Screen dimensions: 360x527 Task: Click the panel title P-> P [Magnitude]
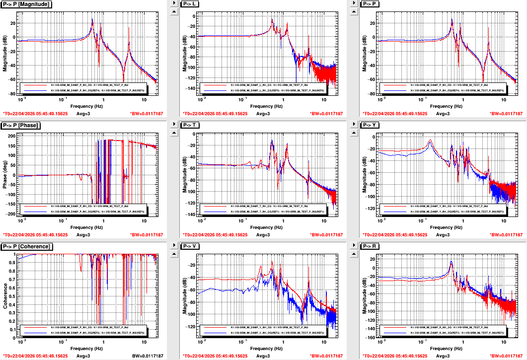pyautogui.click(x=28, y=4)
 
